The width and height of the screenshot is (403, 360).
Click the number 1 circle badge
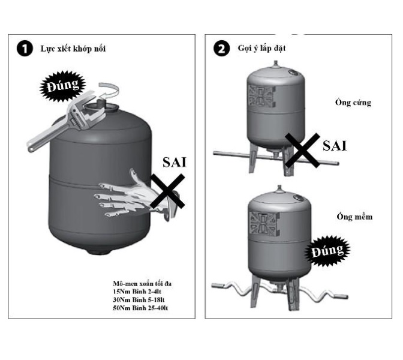point(24,48)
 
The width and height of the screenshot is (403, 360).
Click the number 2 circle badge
point(221,48)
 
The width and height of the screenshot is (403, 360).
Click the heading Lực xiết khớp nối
point(74,48)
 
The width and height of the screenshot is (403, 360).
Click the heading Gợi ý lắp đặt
point(260,48)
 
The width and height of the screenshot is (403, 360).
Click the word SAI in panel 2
point(336,145)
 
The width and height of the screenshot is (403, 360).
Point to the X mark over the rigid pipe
point(302,149)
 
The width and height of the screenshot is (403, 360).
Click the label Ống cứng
point(353,103)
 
